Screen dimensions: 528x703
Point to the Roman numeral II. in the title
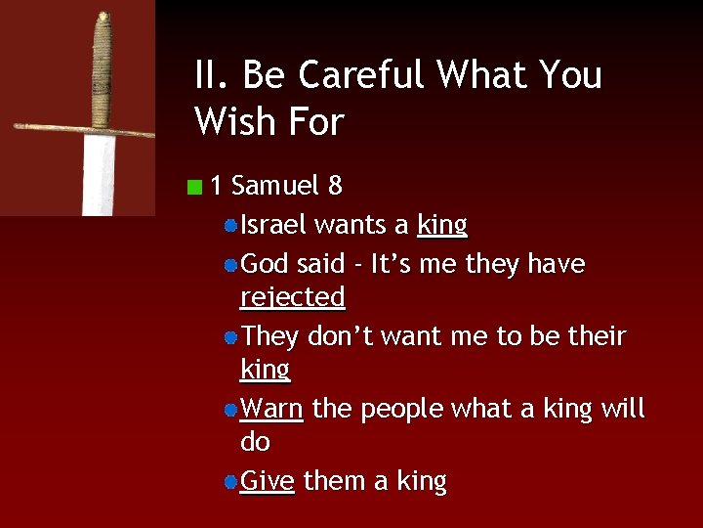click(x=212, y=75)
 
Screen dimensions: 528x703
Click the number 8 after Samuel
click(x=335, y=185)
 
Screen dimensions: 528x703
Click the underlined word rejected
click(x=293, y=297)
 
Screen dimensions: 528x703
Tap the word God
click(x=265, y=264)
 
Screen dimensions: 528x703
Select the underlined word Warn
click(x=271, y=408)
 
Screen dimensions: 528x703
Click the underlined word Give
click(x=268, y=481)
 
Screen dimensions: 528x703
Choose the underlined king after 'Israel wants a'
click(x=442, y=226)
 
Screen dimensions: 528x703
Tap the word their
click(x=597, y=336)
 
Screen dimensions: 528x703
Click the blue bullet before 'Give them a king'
click(x=229, y=482)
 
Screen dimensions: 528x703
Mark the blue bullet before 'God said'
click(x=229, y=265)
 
